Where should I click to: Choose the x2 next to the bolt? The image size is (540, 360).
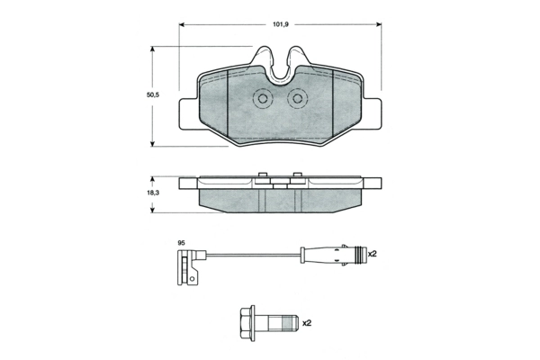click(x=306, y=322)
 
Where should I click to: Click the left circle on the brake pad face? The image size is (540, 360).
click(x=264, y=99)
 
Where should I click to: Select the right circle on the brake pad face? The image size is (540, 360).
click(x=295, y=99)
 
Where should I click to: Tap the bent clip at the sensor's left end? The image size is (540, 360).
click(x=185, y=267)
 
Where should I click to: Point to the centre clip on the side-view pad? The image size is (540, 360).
click(x=279, y=183)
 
